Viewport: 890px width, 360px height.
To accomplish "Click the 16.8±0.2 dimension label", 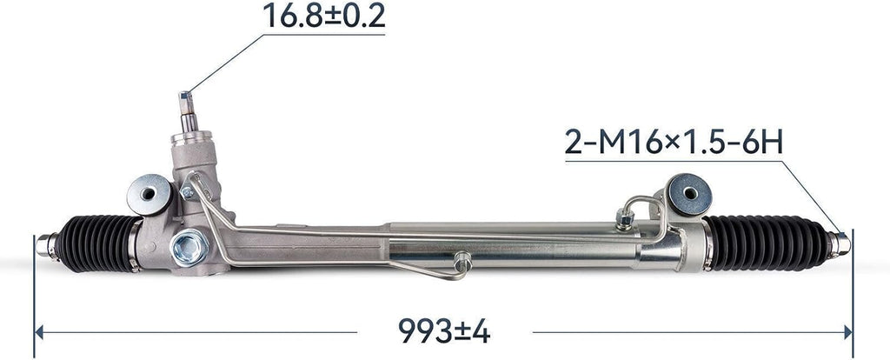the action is coord(323,16).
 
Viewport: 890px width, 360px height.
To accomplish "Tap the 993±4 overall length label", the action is coord(444,330).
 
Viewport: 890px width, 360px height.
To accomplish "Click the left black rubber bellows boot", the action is coord(96,243).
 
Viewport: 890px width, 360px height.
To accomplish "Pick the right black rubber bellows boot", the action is coord(767,243).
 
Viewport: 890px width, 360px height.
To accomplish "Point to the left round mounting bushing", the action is coord(149,194).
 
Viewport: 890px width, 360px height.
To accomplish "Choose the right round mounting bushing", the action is coord(689,194).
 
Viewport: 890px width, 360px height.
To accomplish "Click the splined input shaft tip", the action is coord(187,103).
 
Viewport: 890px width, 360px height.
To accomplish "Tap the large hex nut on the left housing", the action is coord(189,247).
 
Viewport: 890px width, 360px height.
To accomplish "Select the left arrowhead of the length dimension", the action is coord(38,332).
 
